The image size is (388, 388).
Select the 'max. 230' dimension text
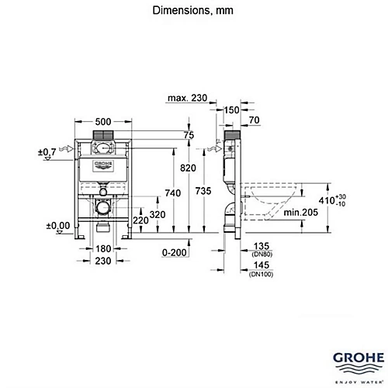[x=188, y=98]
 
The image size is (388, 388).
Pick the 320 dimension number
[x=158, y=214]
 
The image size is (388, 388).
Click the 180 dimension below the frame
[x=102, y=249]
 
